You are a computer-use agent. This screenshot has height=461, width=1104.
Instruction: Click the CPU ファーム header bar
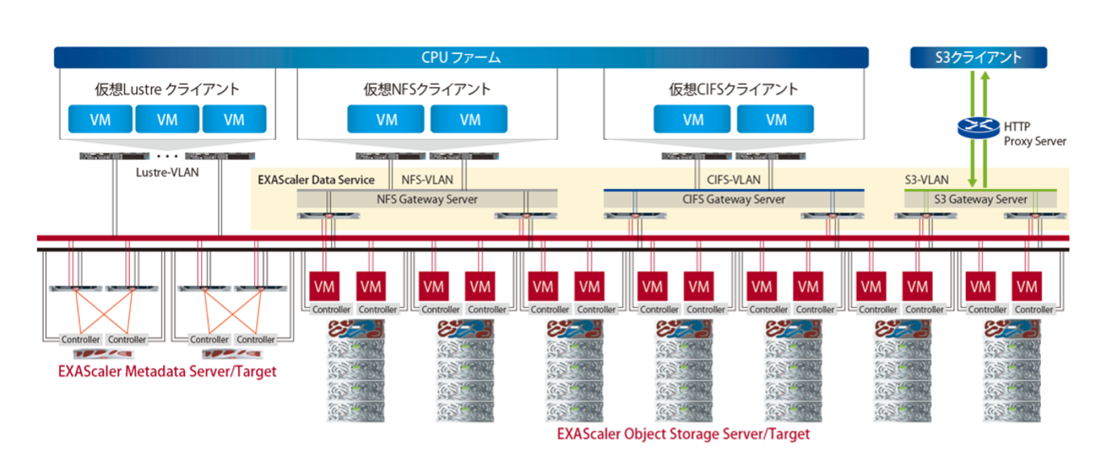(x=461, y=57)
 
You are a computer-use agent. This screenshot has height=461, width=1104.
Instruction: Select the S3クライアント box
(x=978, y=57)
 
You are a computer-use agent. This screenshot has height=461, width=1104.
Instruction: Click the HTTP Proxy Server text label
(x=1035, y=133)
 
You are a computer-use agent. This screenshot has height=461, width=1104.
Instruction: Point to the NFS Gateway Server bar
(x=427, y=199)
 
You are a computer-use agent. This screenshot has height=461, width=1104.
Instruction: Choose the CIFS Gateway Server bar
(x=734, y=199)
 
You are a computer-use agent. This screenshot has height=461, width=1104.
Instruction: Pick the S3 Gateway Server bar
(x=980, y=199)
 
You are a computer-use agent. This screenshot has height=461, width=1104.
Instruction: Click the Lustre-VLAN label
(x=168, y=171)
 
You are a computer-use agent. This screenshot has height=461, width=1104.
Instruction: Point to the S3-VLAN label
(x=927, y=179)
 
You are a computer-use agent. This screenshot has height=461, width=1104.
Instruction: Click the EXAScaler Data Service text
(x=316, y=179)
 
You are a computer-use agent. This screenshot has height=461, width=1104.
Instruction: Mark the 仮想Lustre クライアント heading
(x=167, y=89)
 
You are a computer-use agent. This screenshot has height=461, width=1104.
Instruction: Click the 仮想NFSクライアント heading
(x=427, y=89)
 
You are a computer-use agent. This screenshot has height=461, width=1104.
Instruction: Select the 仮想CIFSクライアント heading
(x=734, y=89)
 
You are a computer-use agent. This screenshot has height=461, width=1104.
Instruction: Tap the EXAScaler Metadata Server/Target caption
(x=167, y=371)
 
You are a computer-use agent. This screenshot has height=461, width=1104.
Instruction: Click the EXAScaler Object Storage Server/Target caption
(x=684, y=434)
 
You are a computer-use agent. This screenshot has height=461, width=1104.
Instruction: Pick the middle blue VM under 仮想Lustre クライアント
(x=167, y=119)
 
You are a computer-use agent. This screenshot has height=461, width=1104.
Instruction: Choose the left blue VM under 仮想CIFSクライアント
(x=693, y=119)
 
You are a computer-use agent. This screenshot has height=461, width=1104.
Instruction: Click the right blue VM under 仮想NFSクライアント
(x=470, y=119)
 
